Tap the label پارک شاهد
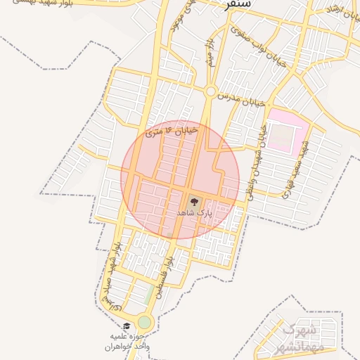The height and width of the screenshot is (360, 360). (x=194, y=212)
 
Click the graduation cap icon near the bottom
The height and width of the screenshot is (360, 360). (x=127, y=326)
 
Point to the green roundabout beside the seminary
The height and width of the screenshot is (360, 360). (x=144, y=322)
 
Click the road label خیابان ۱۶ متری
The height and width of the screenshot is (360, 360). (x=172, y=131)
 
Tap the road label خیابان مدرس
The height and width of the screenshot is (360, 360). (x=241, y=98)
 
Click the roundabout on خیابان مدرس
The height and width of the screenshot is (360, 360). (x=210, y=91)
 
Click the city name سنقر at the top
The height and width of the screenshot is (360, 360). (x=236, y=6)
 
